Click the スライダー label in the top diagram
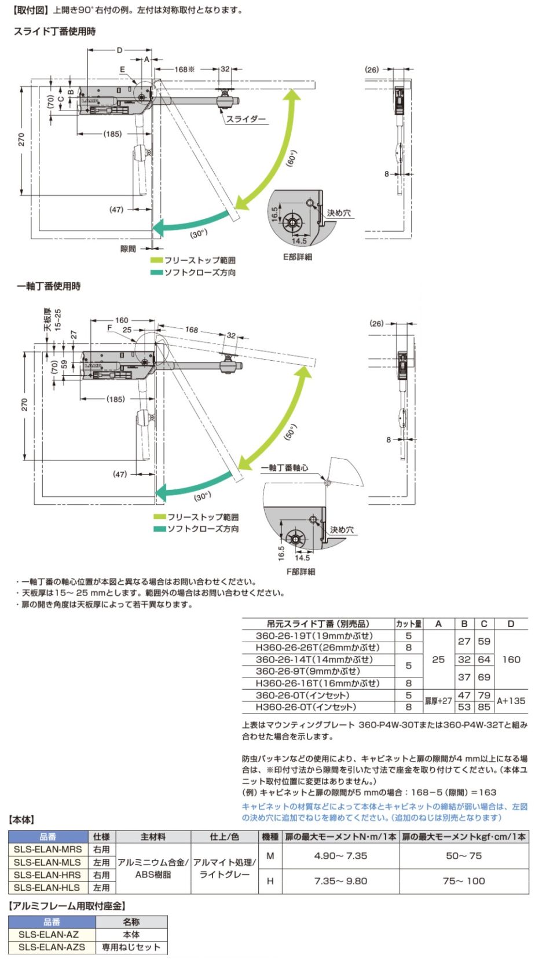pyautogui.click(x=245, y=119)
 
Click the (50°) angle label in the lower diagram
pyautogui.click(x=291, y=432)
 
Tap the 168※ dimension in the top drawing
pyautogui.click(x=185, y=69)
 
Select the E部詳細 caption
pyautogui.click(x=296, y=257)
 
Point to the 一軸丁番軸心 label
pyautogui.click(x=284, y=467)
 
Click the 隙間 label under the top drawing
pyautogui.click(x=128, y=248)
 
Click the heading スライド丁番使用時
pyautogui.click(x=55, y=32)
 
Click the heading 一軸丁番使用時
pyautogui.click(x=49, y=286)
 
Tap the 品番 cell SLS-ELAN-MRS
pyautogui.click(x=47, y=849)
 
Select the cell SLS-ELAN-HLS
pyautogui.click(x=47, y=887)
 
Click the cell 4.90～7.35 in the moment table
pyautogui.click(x=340, y=855)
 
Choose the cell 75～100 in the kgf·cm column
pyautogui.click(x=464, y=881)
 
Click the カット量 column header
pyautogui.click(x=409, y=624)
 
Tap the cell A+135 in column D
pyautogui.click(x=511, y=700)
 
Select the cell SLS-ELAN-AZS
pyautogui.click(x=52, y=947)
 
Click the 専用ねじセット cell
pyautogui.click(x=131, y=947)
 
